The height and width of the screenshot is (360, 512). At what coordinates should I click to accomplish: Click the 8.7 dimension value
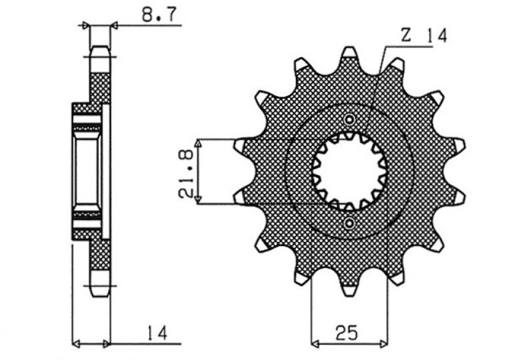click(x=159, y=15)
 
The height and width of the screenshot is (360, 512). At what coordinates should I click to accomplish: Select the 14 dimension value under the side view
click(x=157, y=332)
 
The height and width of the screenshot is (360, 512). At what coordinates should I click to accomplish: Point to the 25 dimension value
click(x=346, y=333)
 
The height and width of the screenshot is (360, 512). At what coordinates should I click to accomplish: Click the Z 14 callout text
click(x=423, y=35)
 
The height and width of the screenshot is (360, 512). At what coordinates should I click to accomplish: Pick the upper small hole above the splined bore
click(x=349, y=119)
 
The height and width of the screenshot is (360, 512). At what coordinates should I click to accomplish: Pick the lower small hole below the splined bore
click(x=349, y=223)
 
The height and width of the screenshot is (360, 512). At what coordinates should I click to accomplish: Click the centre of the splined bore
click(x=349, y=171)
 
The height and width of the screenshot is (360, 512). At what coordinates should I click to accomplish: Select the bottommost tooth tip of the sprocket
click(x=349, y=293)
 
